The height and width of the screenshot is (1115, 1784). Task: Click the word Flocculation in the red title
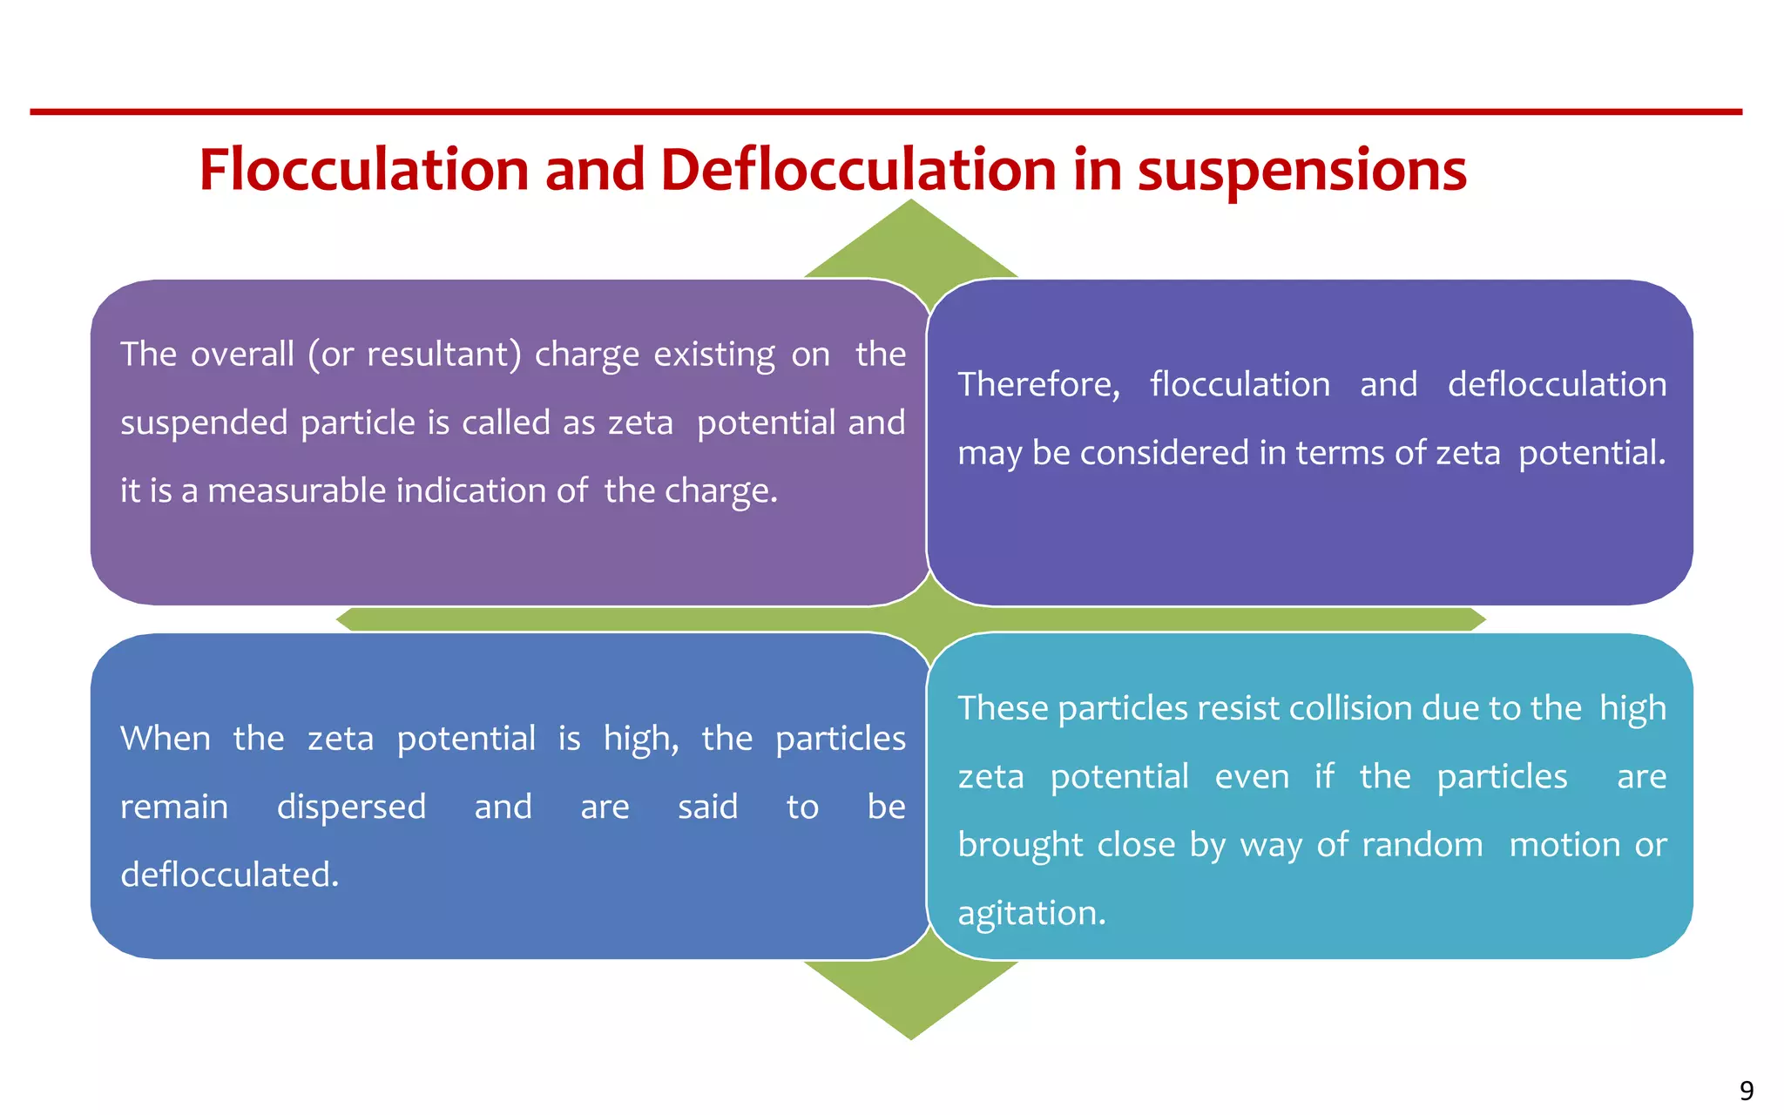click(364, 169)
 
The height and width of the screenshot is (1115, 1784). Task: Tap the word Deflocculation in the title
click(858, 169)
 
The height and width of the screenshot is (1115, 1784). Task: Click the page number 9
click(1747, 1091)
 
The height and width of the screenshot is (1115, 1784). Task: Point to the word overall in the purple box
click(242, 355)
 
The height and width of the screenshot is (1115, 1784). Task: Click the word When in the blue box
click(166, 739)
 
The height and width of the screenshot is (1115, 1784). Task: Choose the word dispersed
click(351, 807)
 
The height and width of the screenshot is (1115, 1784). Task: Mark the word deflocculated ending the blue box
click(229, 875)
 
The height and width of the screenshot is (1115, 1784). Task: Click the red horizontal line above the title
click(886, 111)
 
